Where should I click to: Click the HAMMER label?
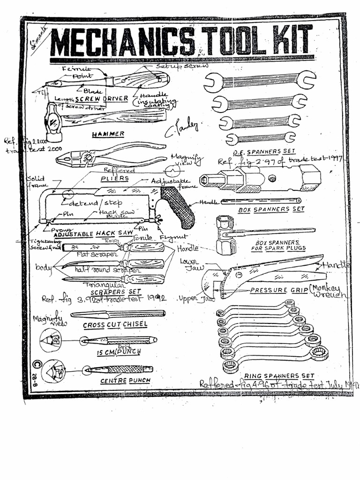108,134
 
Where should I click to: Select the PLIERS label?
114,179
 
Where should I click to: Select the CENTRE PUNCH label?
120,381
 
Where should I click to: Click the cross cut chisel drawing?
117,314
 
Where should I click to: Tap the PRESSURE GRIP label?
278,290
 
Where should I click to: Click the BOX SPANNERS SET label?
271,210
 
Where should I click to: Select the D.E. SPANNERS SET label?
264,152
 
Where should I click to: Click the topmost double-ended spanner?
260,81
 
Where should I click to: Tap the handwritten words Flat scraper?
97,255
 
